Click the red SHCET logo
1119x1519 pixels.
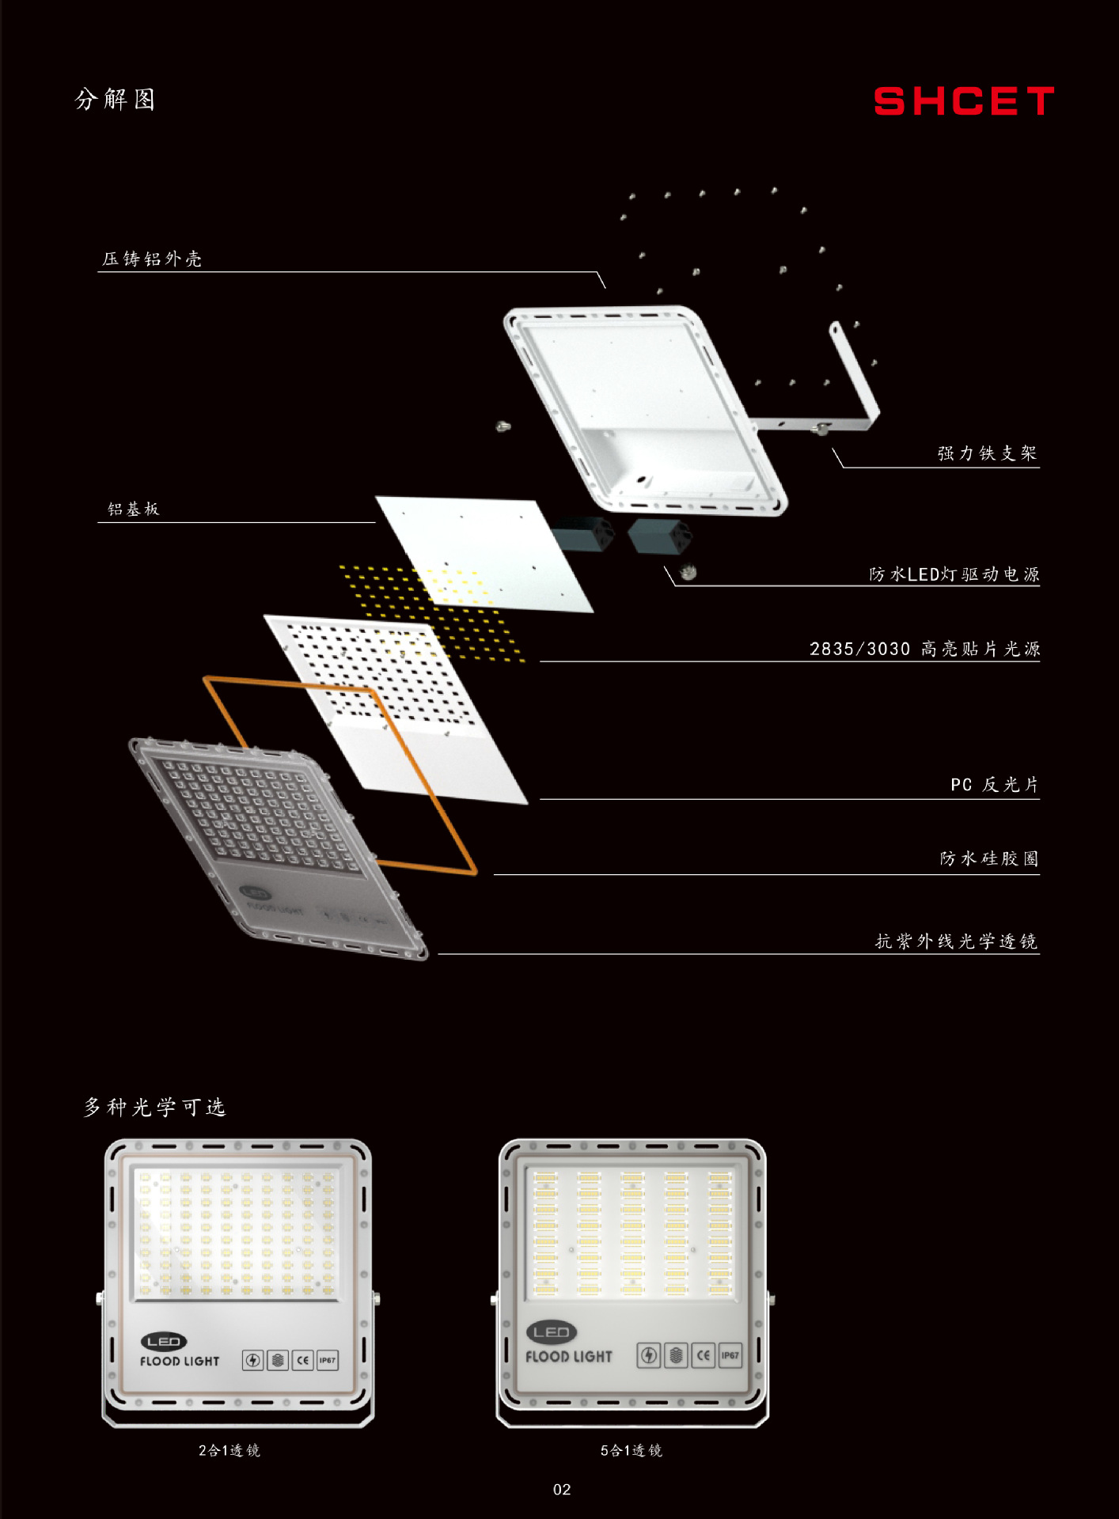[963, 101]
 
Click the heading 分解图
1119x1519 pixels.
[116, 100]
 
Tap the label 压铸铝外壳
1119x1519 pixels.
[152, 259]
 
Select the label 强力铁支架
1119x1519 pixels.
[987, 453]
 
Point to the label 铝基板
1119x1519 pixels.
[134, 509]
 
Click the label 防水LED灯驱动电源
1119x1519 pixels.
[954, 574]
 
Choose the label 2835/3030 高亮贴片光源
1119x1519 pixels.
[924, 649]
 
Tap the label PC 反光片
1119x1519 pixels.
[994, 784]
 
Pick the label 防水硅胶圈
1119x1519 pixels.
[988, 858]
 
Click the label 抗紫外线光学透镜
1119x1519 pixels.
[956, 941]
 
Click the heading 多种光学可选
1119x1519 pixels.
[155, 1107]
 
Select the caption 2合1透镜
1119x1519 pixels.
[229, 1450]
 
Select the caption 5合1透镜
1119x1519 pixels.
[631, 1450]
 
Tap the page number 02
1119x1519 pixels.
[562, 1490]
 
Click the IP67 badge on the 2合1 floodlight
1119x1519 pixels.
[327, 1361]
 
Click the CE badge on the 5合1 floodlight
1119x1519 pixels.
[703, 1355]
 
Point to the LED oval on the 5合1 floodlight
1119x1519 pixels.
[552, 1332]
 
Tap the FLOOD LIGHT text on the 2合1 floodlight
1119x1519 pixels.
[180, 1362]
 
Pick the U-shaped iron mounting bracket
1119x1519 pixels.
[859, 380]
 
